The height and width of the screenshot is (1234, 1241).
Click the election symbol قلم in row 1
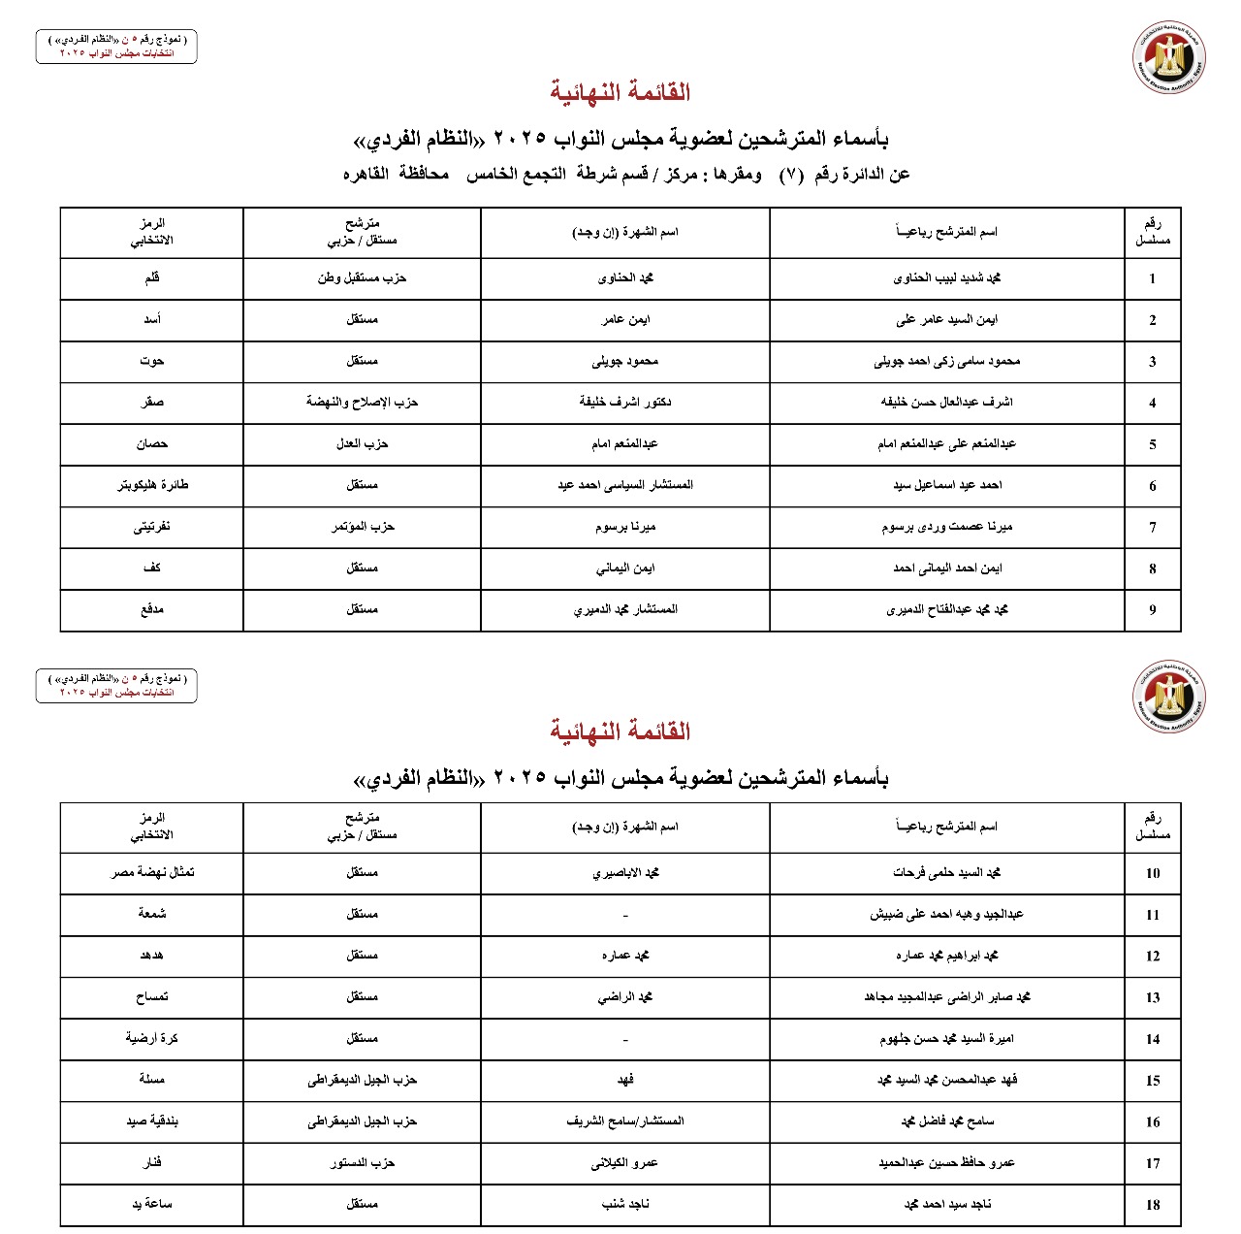[152, 278]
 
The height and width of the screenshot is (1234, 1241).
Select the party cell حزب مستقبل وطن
[362, 278]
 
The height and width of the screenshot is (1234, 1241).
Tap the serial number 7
[1153, 528]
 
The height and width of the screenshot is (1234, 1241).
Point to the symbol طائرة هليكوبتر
[152, 485]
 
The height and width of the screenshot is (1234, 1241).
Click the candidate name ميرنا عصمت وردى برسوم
[946, 527]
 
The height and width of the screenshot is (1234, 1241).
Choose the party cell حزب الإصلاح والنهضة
[362, 402]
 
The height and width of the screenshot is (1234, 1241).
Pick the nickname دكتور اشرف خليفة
[625, 402]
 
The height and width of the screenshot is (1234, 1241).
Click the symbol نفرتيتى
[152, 527]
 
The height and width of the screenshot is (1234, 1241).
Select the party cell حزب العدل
[362, 443]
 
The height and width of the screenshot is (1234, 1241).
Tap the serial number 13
[1153, 997]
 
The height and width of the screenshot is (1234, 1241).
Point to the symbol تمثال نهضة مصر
[152, 872]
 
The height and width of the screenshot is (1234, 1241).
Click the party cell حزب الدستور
[362, 1162]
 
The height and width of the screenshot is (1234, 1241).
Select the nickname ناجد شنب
[625, 1204]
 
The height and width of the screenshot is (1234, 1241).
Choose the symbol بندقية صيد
[152, 1121]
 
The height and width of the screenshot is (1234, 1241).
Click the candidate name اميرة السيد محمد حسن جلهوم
[946, 1039]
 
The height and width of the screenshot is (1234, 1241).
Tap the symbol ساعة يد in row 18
[152, 1204]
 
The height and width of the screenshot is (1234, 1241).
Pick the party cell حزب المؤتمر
[362, 527]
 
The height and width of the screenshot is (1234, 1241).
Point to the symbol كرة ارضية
[152, 1038]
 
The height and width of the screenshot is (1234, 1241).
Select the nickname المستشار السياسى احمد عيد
[625, 485]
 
